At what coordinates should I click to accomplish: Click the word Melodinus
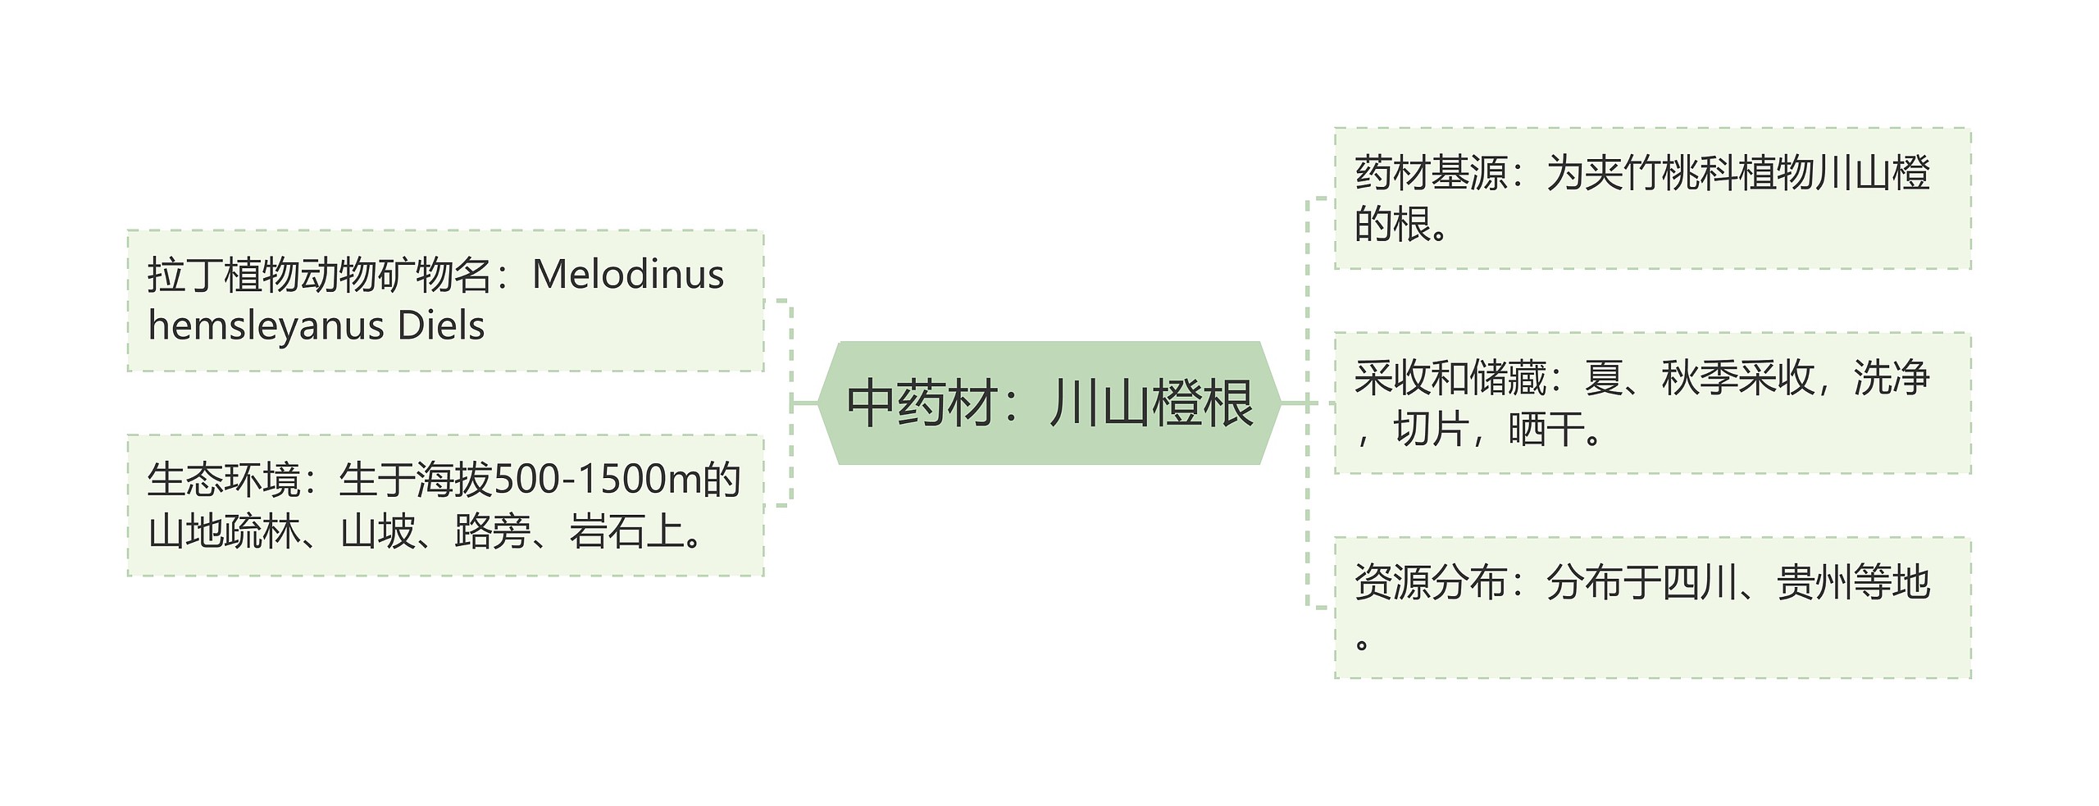click(x=628, y=275)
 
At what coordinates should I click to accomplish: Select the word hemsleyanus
click(x=266, y=326)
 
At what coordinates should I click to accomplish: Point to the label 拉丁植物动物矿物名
click(x=320, y=275)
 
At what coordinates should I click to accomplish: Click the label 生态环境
click(x=223, y=480)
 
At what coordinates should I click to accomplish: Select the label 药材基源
click(x=1431, y=173)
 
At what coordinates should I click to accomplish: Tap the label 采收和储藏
click(x=1450, y=378)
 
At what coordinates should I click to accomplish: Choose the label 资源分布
click(x=1431, y=583)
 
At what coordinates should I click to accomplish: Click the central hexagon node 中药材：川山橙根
click(x=1049, y=403)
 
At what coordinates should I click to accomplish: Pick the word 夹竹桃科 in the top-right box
click(x=1660, y=173)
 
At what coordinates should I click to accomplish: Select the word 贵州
click(x=1814, y=583)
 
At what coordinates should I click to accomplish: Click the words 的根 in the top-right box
click(x=1392, y=224)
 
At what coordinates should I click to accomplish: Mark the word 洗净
click(x=1891, y=378)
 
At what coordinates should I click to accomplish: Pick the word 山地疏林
click(x=223, y=531)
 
